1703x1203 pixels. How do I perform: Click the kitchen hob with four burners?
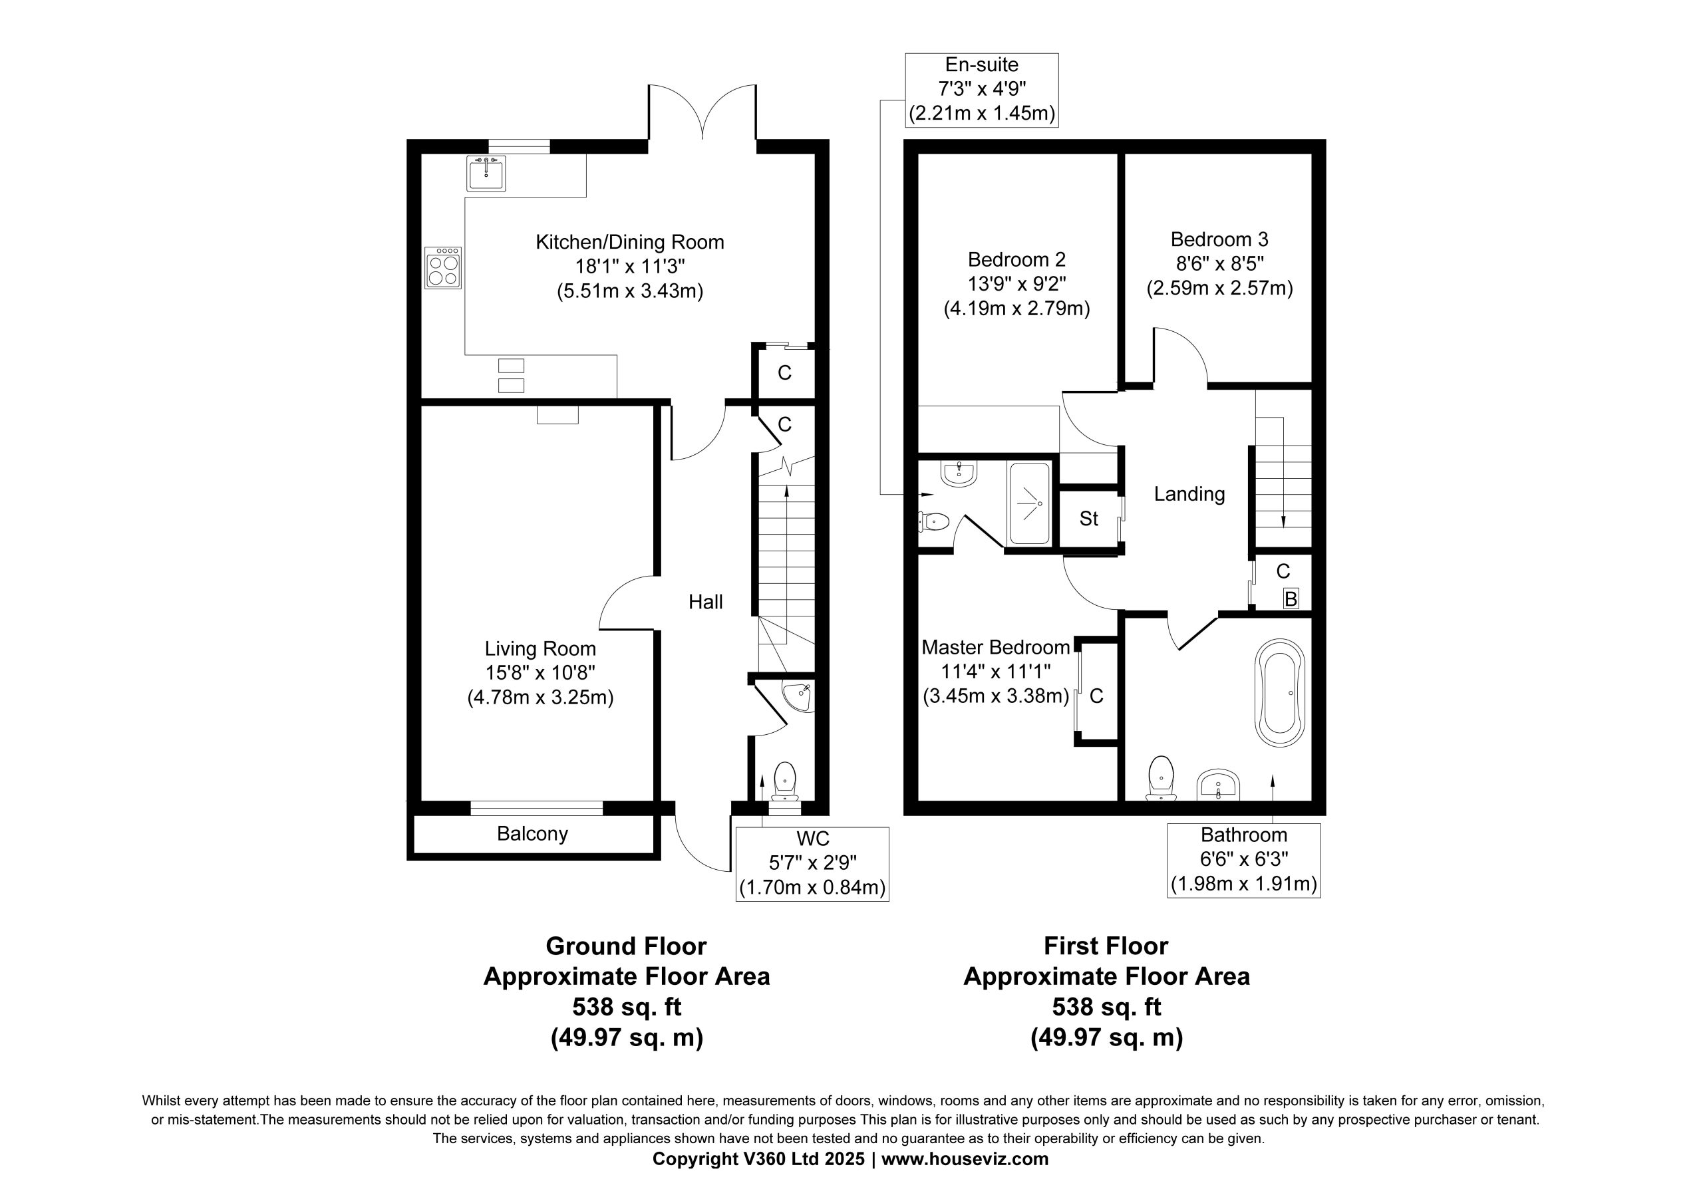(x=444, y=268)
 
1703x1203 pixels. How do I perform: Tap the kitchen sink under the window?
(x=486, y=173)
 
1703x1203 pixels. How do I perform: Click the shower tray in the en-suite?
(x=1030, y=503)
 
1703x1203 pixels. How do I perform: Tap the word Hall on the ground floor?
(x=705, y=601)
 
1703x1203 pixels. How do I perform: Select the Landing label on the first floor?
(x=1189, y=494)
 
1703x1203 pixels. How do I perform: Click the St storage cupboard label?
(x=1089, y=519)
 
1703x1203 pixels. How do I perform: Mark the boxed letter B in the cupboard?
(x=1291, y=599)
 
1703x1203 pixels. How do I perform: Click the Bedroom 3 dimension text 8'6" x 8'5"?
(x=1219, y=263)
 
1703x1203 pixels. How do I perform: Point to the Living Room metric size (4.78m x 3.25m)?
(x=541, y=697)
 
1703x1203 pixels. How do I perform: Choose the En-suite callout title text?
(x=982, y=65)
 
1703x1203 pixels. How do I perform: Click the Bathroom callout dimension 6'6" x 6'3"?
(x=1244, y=859)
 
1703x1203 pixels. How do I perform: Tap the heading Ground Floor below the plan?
(x=626, y=946)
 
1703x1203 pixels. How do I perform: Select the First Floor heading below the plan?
(x=1106, y=946)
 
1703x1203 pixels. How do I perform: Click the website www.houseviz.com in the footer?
(x=965, y=1158)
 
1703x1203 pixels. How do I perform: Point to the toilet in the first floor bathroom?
(x=1161, y=778)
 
